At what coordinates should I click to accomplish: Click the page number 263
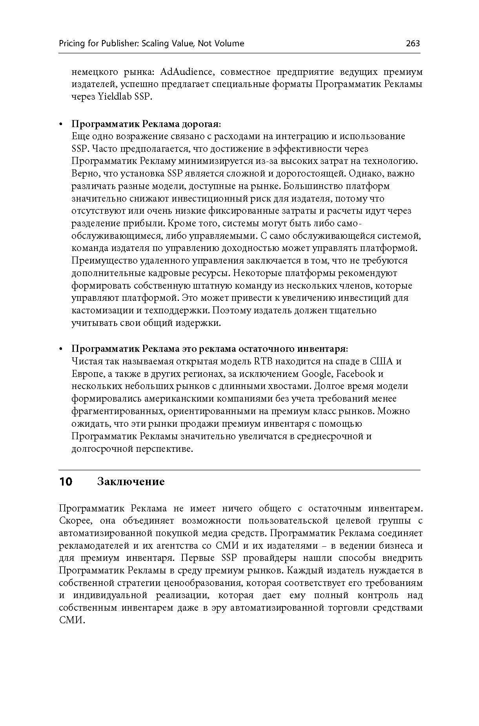pos(413,44)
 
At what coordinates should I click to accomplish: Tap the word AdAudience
pos(186,72)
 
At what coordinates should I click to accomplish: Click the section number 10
pos(66,482)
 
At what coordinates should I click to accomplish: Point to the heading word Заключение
pos(131,482)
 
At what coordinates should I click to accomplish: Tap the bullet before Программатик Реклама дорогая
pos(61,125)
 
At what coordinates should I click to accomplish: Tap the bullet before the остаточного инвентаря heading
pos(61,349)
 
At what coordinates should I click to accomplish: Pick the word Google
pos(317,374)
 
